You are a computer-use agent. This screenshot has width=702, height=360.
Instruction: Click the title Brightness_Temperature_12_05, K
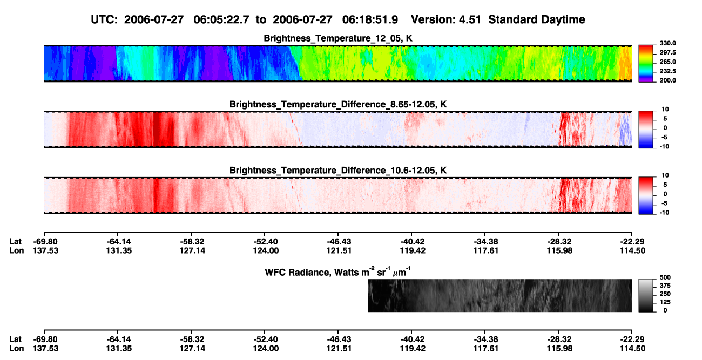pos(338,38)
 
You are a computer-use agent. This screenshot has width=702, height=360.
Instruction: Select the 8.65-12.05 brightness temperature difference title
pos(338,104)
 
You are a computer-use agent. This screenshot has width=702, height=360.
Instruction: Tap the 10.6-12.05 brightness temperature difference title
pos(338,171)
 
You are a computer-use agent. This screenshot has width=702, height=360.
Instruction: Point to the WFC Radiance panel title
pos(338,272)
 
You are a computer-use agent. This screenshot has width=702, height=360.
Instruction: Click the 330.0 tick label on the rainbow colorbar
pos(667,43)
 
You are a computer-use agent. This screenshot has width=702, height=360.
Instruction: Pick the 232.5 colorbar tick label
pos(667,71)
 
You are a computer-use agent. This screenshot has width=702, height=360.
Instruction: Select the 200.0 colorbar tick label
pos(667,80)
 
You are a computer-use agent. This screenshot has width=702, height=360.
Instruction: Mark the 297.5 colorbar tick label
pos(667,53)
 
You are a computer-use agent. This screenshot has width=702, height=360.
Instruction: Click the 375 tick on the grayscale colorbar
pos(665,286)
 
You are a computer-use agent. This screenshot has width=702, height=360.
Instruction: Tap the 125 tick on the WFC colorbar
pos(665,302)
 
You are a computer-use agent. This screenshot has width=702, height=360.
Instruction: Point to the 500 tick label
pos(665,277)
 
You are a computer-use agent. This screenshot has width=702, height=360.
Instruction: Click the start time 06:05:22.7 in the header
pos(221,20)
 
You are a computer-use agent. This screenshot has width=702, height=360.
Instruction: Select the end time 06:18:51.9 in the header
pos(370,20)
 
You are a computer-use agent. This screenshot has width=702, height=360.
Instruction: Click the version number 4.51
pos(469,20)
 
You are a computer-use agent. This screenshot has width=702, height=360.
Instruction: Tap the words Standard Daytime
pos(537,20)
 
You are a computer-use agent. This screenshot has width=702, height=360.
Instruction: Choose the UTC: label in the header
pos(104,20)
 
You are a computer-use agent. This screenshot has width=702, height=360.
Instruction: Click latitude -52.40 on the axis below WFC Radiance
pos(265,339)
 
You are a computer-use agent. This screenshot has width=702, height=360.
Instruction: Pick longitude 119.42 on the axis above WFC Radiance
pos(413,250)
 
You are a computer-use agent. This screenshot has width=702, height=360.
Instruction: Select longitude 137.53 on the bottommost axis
pos(45,349)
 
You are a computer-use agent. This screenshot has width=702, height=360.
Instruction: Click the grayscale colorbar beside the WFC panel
pos(646,295)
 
